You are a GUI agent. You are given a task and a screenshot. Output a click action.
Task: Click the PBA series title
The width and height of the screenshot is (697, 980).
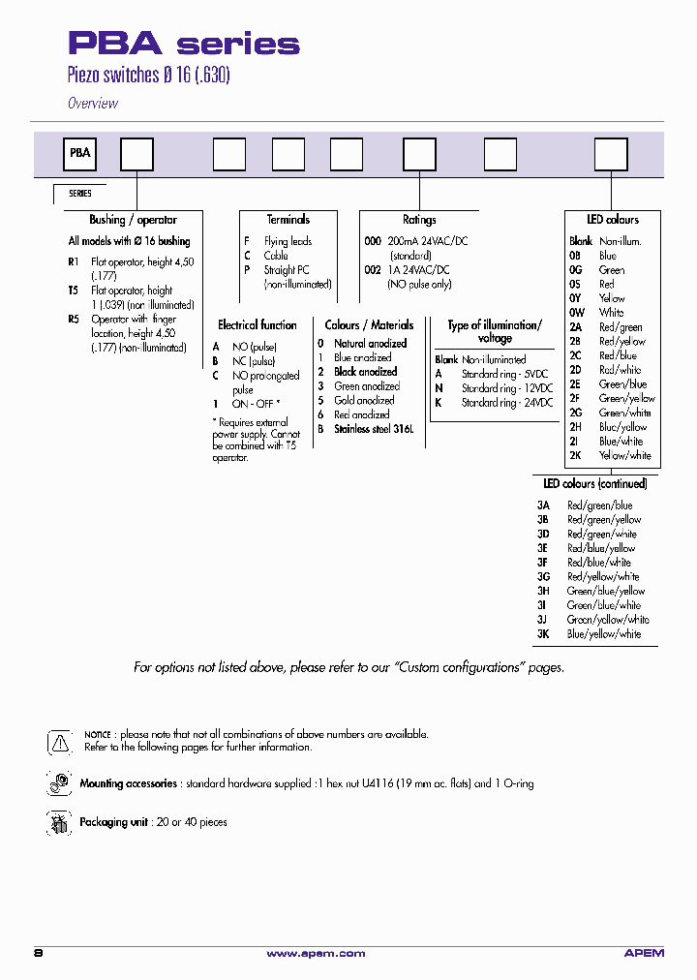click(x=183, y=44)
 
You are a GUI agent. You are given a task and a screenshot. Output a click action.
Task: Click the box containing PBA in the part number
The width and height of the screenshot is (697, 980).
click(x=79, y=153)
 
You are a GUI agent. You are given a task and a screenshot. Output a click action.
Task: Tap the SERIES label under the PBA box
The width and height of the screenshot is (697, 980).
click(x=79, y=194)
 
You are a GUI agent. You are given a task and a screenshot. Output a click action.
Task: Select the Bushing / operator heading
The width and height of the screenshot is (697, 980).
click(x=134, y=220)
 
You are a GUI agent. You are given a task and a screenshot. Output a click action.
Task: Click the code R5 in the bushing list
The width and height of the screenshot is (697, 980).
click(x=74, y=319)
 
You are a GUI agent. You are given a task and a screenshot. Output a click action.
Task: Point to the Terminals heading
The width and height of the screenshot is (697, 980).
click(x=288, y=220)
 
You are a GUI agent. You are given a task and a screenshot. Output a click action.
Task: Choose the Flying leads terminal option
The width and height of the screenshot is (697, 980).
click(x=288, y=241)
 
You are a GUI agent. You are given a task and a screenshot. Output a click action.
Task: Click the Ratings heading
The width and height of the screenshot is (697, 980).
click(x=419, y=220)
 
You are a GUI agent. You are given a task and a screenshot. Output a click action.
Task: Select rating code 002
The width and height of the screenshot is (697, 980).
click(x=373, y=271)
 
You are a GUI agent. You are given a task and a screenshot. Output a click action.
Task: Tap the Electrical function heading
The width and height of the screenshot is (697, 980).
click(x=257, y=325)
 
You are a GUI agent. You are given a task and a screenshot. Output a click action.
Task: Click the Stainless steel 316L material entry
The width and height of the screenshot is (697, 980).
click(x=373, y=429)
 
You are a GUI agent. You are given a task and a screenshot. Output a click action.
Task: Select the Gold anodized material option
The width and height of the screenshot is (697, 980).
click(x=364, y=400)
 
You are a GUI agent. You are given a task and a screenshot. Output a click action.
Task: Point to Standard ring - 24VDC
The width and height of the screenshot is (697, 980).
click(x=506, y=403)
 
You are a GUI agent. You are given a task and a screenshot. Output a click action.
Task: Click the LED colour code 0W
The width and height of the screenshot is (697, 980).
click(x=577, y=313)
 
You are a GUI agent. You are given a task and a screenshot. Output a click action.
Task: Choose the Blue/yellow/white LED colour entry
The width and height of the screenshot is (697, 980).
click(x=604, y=634)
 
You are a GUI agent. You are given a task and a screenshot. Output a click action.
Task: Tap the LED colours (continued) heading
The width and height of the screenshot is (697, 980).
click(x=594, y=483)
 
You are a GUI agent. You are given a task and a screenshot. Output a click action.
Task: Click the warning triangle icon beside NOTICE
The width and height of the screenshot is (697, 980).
click(x=59, y=743)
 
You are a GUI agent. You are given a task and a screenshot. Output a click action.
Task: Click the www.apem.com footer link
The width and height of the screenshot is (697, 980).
click(x=316, y=954)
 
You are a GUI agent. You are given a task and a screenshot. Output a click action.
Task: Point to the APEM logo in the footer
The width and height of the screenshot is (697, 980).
click(x=644, y=954)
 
